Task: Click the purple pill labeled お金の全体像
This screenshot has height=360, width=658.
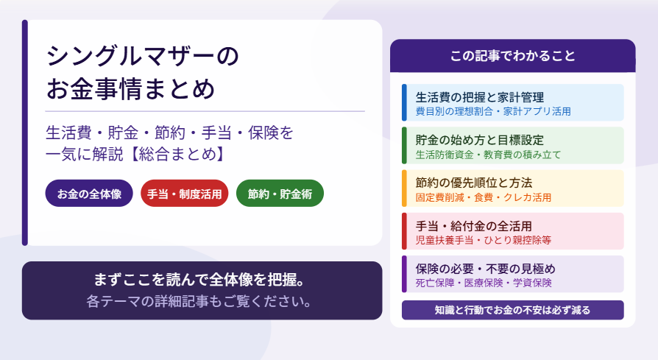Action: (x=89, y=194)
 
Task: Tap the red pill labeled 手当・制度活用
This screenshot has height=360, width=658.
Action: (x=184, y=194)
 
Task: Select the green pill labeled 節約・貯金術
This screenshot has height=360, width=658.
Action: (x=280, y=194)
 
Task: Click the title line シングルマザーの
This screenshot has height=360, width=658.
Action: (x=143, y=56)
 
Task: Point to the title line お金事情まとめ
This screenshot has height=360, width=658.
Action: (x=130, y=88)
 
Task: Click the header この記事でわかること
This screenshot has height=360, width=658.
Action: (x=512, y=56)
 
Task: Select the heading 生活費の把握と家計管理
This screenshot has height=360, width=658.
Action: (x=480, y=97)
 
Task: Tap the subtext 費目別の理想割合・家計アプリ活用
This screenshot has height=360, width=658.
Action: (x=493, y=111)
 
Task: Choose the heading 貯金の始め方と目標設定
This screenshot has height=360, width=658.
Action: (x=480, y=140)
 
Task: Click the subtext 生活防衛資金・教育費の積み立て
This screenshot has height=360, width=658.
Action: (x=488, y=155)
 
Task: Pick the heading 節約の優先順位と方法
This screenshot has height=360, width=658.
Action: (x=474, y=183)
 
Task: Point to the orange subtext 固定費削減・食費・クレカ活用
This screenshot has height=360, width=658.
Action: (x=484, y=197)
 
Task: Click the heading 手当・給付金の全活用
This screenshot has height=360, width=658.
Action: (x=474, y=227)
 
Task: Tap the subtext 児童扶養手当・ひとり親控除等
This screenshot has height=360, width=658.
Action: (x=484, y=241)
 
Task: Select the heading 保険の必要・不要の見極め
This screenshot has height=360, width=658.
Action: (x=486, y=269)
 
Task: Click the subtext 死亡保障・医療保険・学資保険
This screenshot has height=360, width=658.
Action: (x=484, y=283)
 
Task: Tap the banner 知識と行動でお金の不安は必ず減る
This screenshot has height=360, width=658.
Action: (x=513, y=310)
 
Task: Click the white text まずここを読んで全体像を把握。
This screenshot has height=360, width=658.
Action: (x=199, y=280)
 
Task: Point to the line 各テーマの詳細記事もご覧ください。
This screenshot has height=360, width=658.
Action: (x=199, y=301)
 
